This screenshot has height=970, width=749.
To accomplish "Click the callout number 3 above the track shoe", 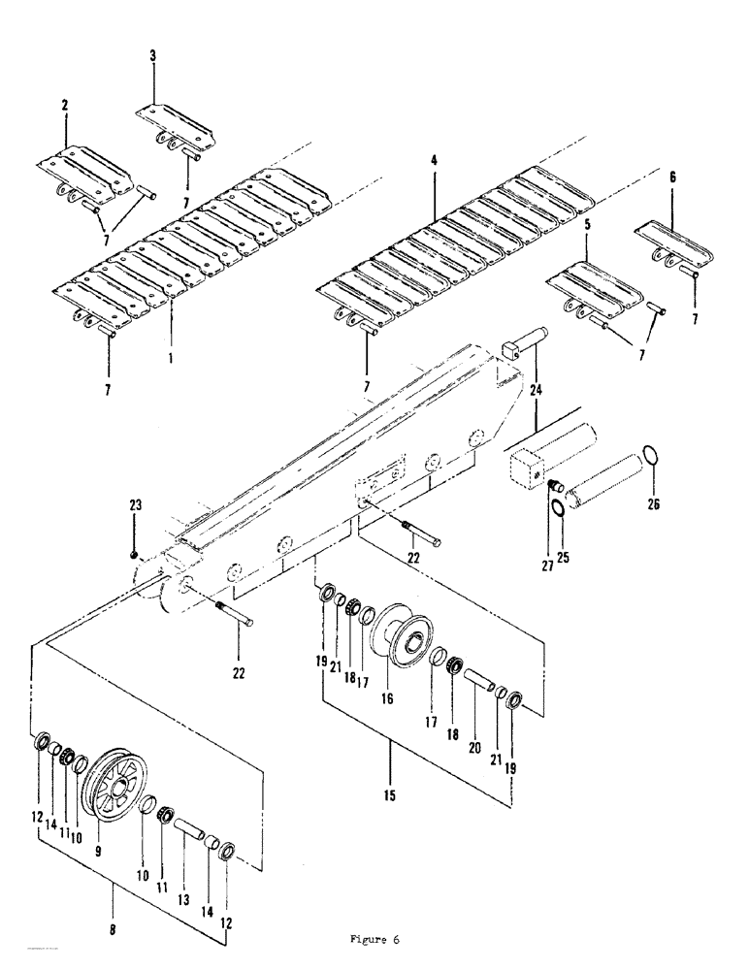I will point(152,56).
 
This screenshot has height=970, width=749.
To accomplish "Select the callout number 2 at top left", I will point(65,105).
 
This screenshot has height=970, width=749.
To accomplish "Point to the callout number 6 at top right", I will point(673,178).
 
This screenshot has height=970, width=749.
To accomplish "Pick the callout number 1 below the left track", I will point(170,356).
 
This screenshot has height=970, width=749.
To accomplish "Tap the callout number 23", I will point(135,502).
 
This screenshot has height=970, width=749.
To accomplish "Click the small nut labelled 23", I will point(135,554).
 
